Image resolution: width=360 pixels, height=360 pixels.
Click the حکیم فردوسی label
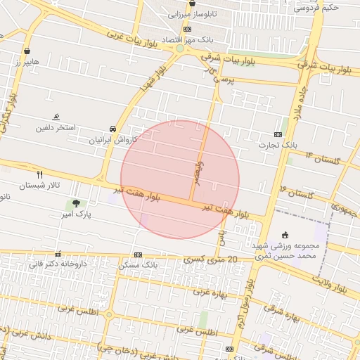316,8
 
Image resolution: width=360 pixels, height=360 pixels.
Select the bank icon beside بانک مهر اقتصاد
187,29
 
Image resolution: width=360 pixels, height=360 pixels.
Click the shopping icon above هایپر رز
27,51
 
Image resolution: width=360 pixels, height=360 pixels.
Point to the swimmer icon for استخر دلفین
56,117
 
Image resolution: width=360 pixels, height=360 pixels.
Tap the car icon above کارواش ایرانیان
112,129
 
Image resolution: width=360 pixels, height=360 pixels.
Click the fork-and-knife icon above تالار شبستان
39,174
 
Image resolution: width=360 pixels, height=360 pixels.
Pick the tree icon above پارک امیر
75,203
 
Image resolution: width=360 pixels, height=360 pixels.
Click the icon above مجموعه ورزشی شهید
284,235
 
